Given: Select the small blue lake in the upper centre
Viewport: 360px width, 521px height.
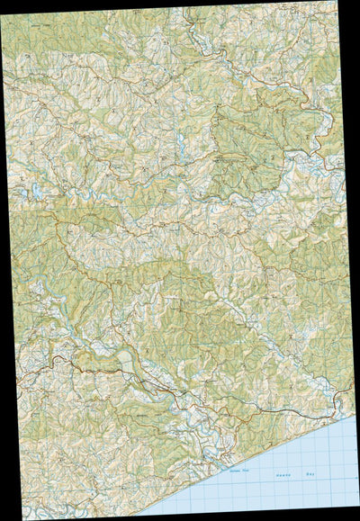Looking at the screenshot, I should pos(180,142).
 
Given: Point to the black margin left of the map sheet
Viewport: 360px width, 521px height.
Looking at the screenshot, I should pos(3,360).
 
